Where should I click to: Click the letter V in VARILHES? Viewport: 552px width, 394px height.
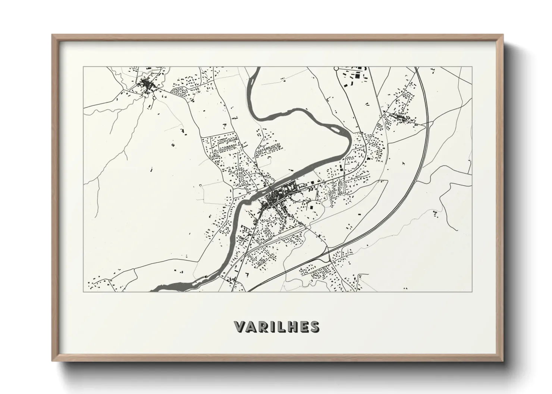click(239, 327)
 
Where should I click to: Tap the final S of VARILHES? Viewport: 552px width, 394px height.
click(314, 327)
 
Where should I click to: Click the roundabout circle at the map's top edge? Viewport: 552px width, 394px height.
click(336, 69)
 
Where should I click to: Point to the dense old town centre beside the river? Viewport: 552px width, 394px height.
click(274, 199)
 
